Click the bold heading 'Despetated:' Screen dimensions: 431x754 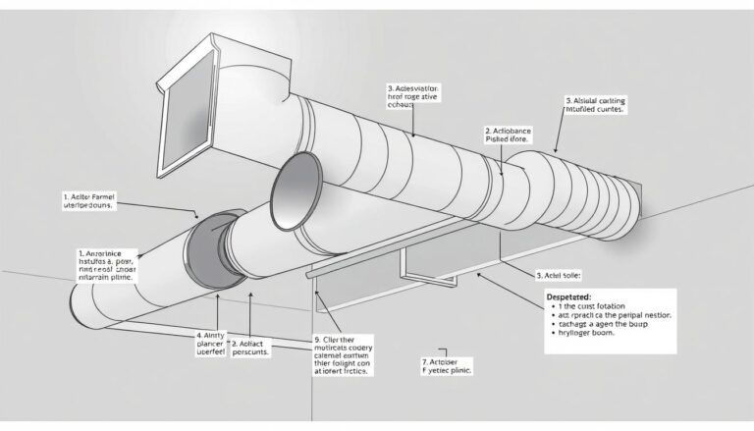click(x=569, y=295)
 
